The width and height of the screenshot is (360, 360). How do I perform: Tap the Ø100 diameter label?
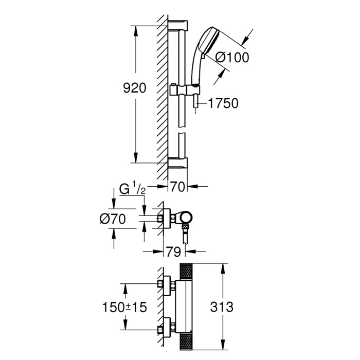[x=231, y=58]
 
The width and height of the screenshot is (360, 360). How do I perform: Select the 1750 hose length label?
[x=223, y=103]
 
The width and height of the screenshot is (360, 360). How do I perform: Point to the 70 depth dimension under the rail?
[x=177, y=187]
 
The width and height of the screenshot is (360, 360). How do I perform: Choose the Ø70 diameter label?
[x=114, y=219]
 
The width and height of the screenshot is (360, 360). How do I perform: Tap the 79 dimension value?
[x=174, y=252]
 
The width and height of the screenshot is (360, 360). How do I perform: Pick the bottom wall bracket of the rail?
[x=178, y=163]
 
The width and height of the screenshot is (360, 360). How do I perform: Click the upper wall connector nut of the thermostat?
[x=164, y=284]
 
